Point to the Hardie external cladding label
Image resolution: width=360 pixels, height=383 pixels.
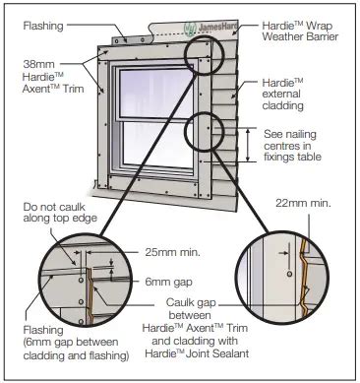tap(291, 96)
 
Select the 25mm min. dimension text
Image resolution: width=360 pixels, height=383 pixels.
tap(173, 252)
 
